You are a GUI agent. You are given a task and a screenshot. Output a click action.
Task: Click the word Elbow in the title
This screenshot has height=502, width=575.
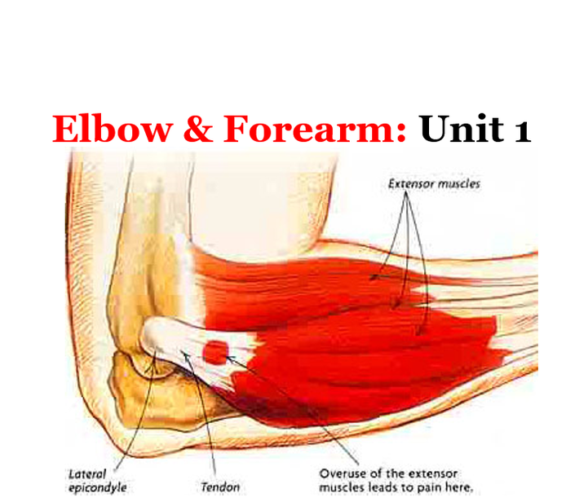point(113,128)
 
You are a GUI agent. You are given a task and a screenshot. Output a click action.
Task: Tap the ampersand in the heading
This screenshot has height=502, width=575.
point(198,128)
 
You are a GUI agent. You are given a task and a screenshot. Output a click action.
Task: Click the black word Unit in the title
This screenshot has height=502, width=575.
point(462,128)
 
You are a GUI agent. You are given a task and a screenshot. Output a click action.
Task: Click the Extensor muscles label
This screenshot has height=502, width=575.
point(434,183)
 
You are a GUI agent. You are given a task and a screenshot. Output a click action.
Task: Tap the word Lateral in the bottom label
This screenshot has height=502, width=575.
point(87,474)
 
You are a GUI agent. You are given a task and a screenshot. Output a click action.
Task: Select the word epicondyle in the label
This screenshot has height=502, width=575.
point(98,488)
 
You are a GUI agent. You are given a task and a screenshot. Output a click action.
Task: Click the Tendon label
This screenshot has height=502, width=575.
point(220,487)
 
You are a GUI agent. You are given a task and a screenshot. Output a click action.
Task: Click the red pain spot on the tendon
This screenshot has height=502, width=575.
point(215,352)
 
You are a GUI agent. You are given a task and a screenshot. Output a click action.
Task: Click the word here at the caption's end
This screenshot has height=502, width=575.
point(459,487)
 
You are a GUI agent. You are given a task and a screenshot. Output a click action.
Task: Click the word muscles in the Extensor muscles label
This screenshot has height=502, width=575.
point(459,183)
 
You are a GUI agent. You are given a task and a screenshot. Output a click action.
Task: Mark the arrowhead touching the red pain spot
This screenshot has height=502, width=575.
point(230,358)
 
